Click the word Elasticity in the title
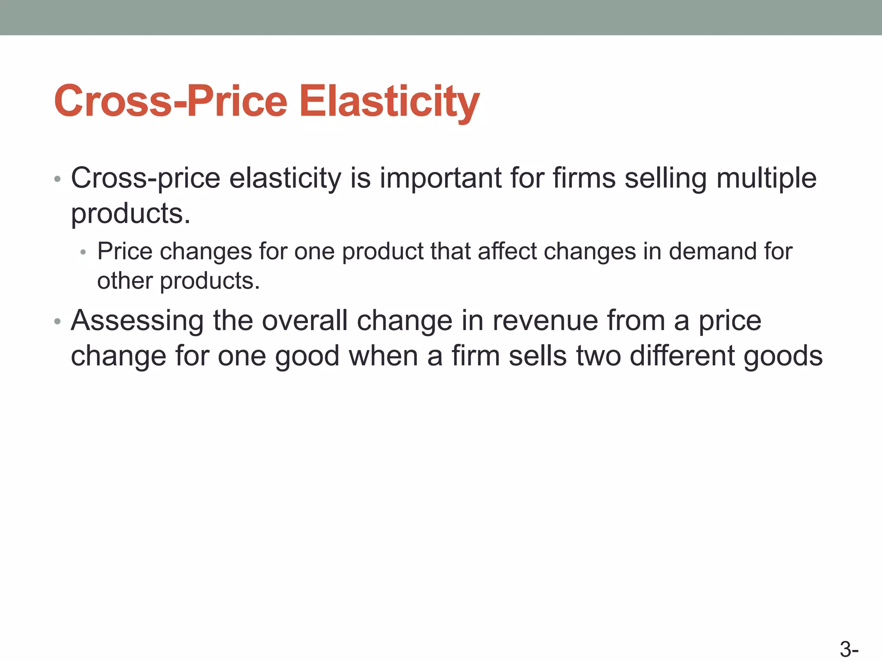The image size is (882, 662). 389,101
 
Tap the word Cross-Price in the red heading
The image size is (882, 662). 171,101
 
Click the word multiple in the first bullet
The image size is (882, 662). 767,178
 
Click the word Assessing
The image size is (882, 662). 137,321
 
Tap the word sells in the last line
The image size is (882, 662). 537,356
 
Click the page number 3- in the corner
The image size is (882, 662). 849,650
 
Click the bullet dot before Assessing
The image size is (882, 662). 58,322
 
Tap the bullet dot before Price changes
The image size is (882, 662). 84,253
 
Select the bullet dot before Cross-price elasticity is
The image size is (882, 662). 58,179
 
